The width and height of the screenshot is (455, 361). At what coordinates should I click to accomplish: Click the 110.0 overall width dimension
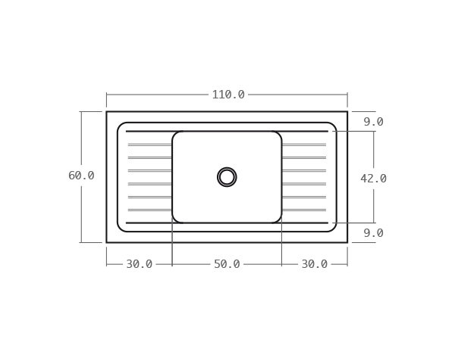(x=227, y=95)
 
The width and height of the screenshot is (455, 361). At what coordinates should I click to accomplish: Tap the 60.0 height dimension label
(x=81, y=176)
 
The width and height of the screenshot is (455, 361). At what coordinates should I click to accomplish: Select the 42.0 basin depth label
(x=373, y=179)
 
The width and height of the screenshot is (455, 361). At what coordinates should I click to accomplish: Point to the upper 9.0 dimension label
(x=373, y=122)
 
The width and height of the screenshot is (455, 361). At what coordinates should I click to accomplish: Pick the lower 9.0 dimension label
(x=373, y=233)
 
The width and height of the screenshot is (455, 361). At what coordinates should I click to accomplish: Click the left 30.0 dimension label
(x=139, y=264)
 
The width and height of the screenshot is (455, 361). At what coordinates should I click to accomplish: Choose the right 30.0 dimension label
(x=314, y=264)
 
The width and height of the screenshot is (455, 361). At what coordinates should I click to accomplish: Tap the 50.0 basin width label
(x=227, y=264)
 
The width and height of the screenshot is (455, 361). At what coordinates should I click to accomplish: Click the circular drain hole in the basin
(x=227, y=177)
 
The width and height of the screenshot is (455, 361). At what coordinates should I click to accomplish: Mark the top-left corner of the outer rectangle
(x=106, y=112)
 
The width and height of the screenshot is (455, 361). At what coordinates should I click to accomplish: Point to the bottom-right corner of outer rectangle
(x=347, y=242)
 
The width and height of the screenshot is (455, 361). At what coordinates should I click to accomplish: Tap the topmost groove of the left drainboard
(x=150, y=144)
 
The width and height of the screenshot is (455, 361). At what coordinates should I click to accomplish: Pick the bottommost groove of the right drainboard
(x=303, y=210)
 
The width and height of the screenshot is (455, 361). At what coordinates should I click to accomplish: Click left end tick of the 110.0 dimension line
(x=106, y=95)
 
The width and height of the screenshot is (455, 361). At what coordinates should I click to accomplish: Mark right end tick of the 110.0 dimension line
(x=347, y=95)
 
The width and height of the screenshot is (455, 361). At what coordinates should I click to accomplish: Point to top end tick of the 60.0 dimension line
(x=81, y=112)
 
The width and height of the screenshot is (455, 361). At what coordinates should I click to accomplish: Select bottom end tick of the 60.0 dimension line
(x=81, y=242)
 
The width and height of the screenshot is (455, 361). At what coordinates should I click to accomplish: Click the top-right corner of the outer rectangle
(x=347, y=112)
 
